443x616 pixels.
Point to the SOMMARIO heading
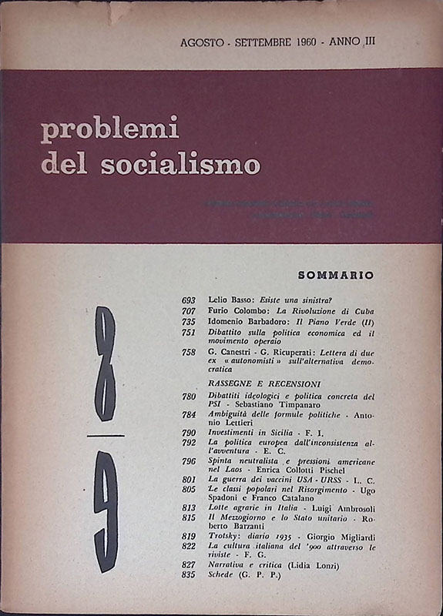(x=335, y=273)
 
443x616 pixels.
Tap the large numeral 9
(x=106, y=509)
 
